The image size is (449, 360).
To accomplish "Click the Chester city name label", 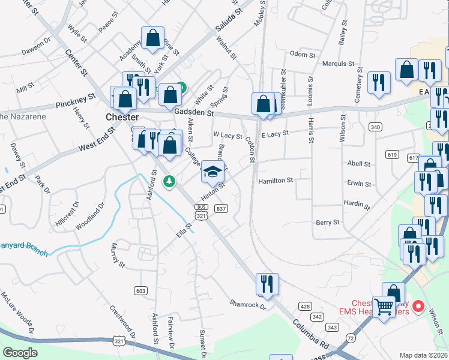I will (122, 117).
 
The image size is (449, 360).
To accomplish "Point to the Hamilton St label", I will (275, 181).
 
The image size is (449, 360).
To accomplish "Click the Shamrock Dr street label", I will (247, 304).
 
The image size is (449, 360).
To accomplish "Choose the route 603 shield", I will (141, 291).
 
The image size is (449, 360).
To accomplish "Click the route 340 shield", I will (376, 127).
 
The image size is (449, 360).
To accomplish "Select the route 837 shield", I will (221, 208).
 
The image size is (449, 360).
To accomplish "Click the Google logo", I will (20, 353).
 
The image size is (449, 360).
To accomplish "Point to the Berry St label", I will (328, 223).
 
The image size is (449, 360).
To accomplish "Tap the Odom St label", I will (303, 55).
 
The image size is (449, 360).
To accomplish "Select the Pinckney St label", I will (76, 101).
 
